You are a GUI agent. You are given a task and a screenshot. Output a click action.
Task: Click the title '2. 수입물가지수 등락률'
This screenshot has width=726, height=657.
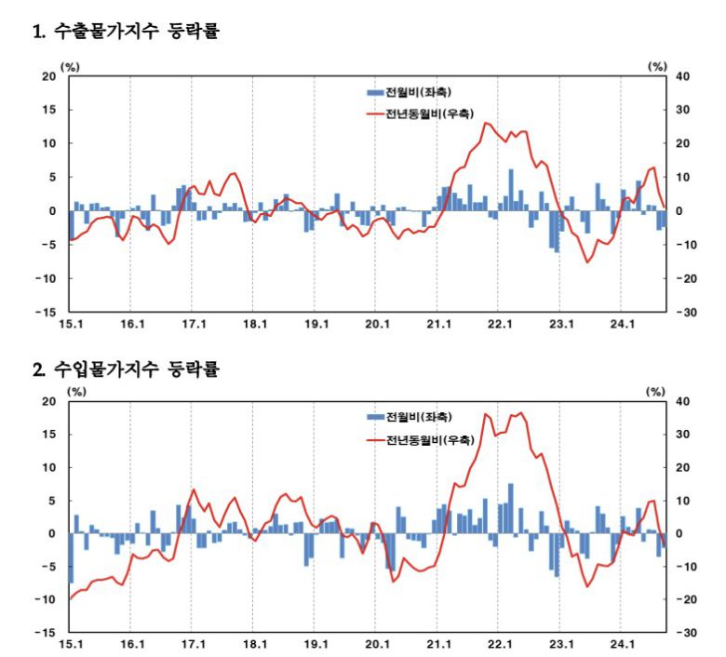tap(126, 369)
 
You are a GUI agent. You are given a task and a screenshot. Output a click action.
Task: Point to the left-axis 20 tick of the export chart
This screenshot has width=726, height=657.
tap(48, 76)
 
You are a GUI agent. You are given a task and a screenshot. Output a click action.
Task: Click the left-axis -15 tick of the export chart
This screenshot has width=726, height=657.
tap(47, 312)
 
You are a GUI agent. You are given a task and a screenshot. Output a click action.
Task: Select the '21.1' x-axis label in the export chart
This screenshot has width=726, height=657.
tap(438, 325)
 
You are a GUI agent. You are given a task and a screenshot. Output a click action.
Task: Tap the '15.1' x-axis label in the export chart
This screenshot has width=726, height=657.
tap(72, 325)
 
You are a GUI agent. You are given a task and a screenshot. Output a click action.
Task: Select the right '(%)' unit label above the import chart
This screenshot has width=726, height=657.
tap(658, 391)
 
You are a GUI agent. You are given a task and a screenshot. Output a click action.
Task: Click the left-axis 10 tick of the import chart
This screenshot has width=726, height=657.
tap(49, 467)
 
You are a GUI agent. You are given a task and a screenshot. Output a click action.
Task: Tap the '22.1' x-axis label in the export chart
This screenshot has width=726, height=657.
tap(500, 325)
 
